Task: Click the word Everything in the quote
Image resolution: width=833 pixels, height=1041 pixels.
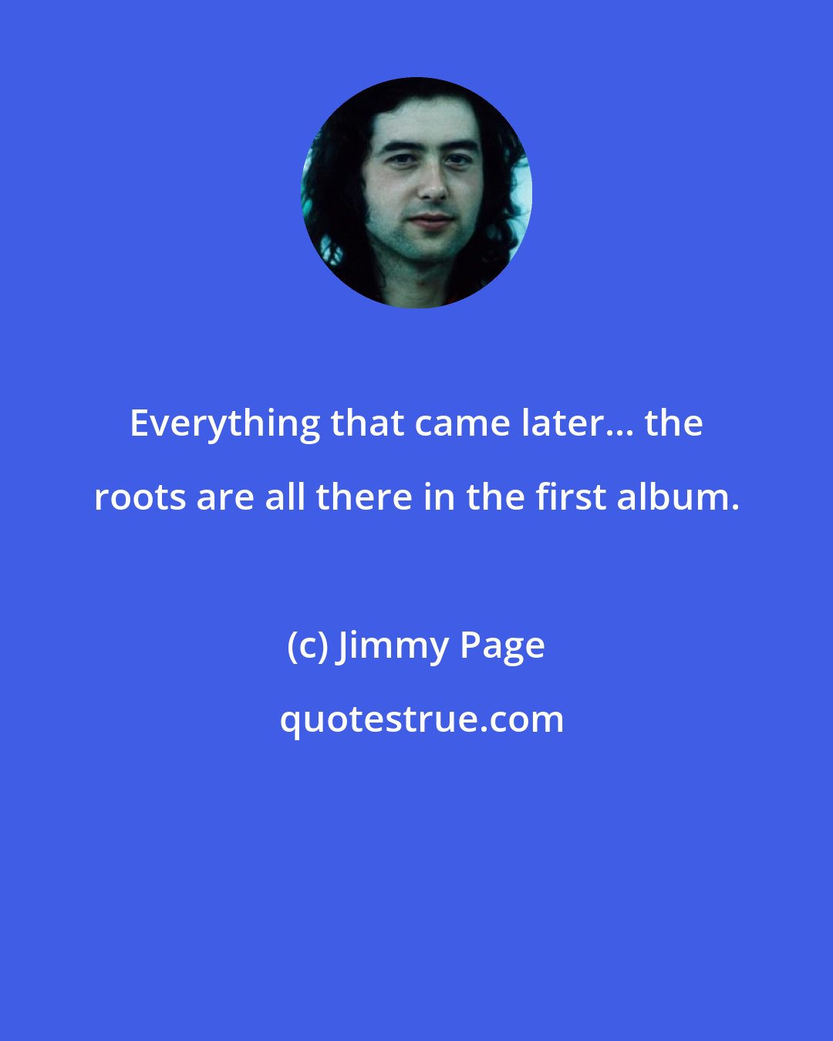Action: click(x=224, y=424)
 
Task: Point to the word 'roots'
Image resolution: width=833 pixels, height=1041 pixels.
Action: click(x=140, y=498)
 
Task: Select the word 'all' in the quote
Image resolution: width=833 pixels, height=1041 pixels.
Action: click(x=286, y=498)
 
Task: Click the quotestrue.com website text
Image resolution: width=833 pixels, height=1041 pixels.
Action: click(x=421, y=720)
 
